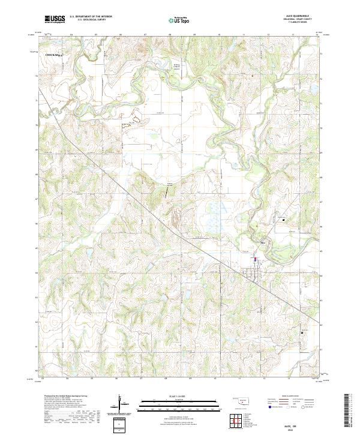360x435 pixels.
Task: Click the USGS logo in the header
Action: pyautogui.click(x=55, y=19)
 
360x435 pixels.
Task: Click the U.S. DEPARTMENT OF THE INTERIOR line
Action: pyautogui.click(x=91, y=17)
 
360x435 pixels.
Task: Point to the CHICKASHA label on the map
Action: pyautogui.click(x=55, y=55)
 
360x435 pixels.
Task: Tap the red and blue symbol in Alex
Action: pyautogui.click(x=255, y=259)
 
